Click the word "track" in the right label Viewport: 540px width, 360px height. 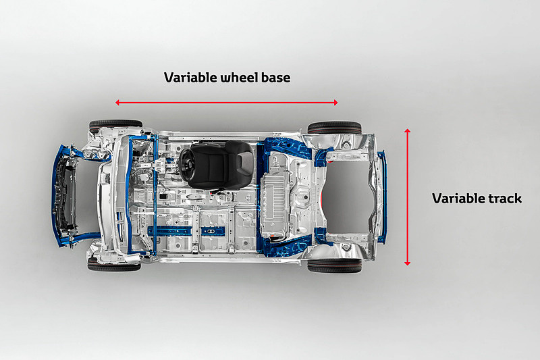505,199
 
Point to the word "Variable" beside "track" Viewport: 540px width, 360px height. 458,199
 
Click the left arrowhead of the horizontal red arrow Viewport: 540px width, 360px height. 117,102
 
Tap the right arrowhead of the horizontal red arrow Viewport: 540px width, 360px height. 335,102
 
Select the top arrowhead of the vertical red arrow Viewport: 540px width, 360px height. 408,130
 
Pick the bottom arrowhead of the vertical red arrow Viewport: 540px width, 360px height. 408,263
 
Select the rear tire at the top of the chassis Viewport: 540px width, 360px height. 334,127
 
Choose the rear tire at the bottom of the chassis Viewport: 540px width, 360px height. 334,265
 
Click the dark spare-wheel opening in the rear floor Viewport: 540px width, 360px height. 347,197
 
